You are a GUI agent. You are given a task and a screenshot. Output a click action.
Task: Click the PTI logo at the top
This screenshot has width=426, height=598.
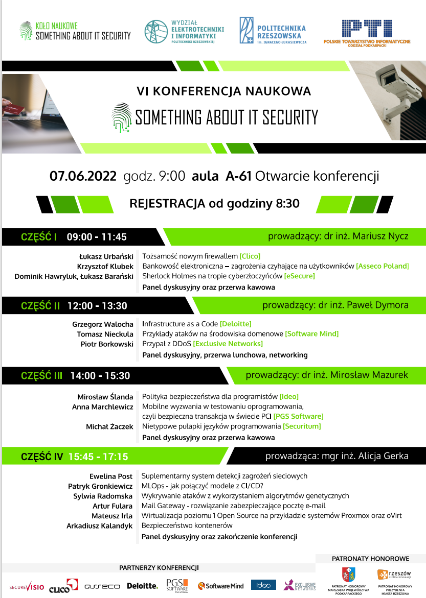[x=367, y=32]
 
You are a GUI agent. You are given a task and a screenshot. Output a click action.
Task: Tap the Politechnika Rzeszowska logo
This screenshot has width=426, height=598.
[x=272, y=31]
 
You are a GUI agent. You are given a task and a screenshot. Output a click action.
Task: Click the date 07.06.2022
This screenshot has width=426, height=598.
[x=83, y=176]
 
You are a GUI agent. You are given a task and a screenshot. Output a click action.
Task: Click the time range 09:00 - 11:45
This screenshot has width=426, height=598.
[x=97, y=237]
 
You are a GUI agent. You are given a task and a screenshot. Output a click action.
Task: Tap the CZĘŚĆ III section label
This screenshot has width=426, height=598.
[x=41, y=376]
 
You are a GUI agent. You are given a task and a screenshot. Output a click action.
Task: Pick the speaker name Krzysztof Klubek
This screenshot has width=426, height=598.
[x=105, y=266]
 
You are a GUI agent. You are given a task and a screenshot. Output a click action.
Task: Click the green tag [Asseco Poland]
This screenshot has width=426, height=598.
[x=383, y=266]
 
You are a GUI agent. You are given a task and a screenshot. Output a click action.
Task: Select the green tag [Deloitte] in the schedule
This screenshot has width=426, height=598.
[x=235, y=324]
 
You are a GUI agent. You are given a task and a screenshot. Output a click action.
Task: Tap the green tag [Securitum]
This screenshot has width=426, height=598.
[x=302, y=426]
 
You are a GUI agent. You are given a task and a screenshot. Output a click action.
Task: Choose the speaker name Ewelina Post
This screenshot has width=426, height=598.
[x=111, y=476]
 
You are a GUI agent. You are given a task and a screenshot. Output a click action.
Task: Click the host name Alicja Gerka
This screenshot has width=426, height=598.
[x=384, y=456]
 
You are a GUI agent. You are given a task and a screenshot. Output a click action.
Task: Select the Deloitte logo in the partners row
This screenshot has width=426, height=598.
[x=143, y=586]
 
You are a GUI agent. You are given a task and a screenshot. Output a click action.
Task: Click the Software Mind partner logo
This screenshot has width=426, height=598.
[x=221, y=586]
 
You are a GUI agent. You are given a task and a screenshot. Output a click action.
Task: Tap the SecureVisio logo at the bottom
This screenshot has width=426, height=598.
[x=27, y=586]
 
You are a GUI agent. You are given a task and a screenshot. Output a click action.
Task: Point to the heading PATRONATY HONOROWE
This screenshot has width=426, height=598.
[x=370, y=559]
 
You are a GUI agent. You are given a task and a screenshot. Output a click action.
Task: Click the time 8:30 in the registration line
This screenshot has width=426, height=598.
[x=287, y=204]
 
